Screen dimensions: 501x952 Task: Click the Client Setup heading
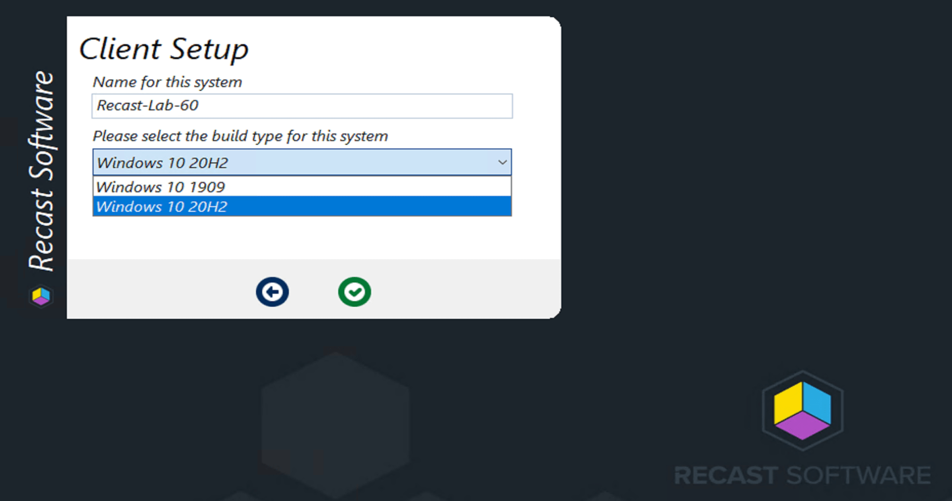(164, 49)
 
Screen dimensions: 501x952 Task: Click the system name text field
(302, 106)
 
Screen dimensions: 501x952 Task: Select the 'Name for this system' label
(167, 82)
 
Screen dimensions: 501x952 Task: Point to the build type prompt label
(240, 136)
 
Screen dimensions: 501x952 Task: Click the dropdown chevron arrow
(502, 163)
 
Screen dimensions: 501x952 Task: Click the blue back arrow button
(272, 292)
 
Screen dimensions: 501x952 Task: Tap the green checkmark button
(354, 292)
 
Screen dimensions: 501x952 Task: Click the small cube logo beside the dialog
(41, 296)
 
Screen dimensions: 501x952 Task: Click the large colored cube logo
(802, 411)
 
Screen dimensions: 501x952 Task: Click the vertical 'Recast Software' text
(42, 171)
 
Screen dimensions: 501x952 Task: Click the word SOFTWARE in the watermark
(858, 476)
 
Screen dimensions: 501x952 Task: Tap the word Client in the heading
(120, 49)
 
